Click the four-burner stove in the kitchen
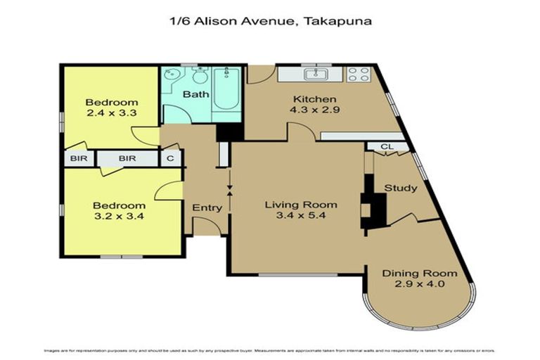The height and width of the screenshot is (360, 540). (x=359, y=73)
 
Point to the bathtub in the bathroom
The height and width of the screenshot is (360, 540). (x=227, y=89)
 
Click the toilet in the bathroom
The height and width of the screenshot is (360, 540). (x=200, y=76)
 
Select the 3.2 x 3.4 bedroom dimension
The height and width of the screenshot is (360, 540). (x=119, y=217)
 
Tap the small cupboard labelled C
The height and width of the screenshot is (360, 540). (x=170, y=159)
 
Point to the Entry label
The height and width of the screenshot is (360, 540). (x=207, y=207)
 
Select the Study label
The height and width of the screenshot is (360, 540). (x=400, y=188)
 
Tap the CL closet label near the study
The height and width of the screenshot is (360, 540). (x=386, y=146)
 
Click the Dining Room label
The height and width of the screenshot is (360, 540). (x=419, y=274)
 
